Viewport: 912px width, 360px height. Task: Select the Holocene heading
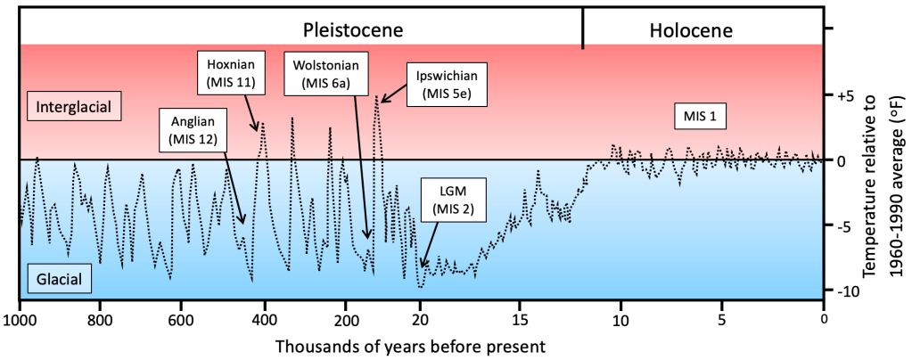[x=691, y=29]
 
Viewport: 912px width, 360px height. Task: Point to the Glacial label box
[x=60, y=281]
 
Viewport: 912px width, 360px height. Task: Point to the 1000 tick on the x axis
[x=20, y=319]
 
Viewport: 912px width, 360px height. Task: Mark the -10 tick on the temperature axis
[x=847, y=291]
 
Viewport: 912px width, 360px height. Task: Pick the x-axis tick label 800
[x=100, y=319]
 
